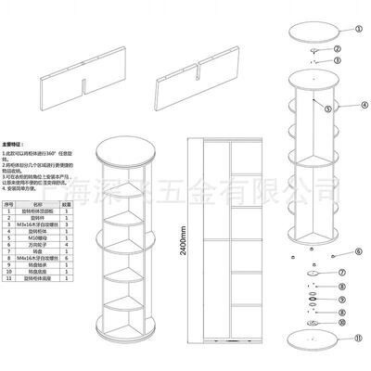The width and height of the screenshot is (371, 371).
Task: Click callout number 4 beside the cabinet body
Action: (365, 108)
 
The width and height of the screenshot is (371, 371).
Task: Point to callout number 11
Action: (344, 339)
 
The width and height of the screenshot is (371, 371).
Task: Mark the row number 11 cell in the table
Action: (10, 278)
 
